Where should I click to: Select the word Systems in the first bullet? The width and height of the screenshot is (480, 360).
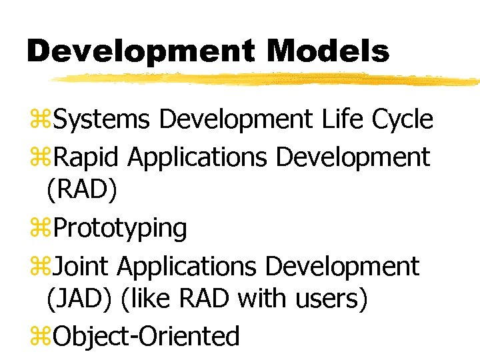coord(103,120)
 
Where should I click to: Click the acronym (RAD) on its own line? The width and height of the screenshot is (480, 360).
coord(82,191)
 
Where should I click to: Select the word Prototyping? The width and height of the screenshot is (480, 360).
coord(120,228)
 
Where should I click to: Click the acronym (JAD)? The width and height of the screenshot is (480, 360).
coord(81,299)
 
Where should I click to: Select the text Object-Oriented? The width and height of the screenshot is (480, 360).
coord(145,336)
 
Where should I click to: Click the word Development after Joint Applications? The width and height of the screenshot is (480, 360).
coord(341,266)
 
